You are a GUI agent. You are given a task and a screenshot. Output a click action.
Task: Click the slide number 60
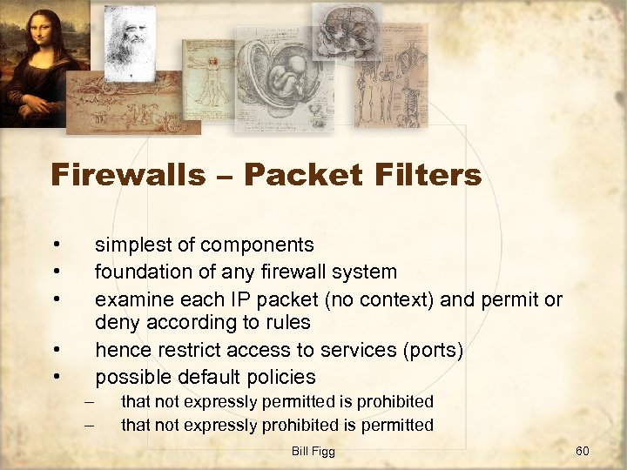pyautogui.click(x=583, y=451)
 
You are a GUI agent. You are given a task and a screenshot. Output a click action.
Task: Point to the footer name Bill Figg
pyautogui.click(x=313, y=451)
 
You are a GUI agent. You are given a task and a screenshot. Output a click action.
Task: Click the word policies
pyautogui.click(x=279, y=377)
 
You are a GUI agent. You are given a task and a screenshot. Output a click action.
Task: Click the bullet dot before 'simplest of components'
pyautogui.click(x=55, y=244)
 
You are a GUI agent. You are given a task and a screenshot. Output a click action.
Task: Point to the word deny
pyautogui.click(x=116, y=322)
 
